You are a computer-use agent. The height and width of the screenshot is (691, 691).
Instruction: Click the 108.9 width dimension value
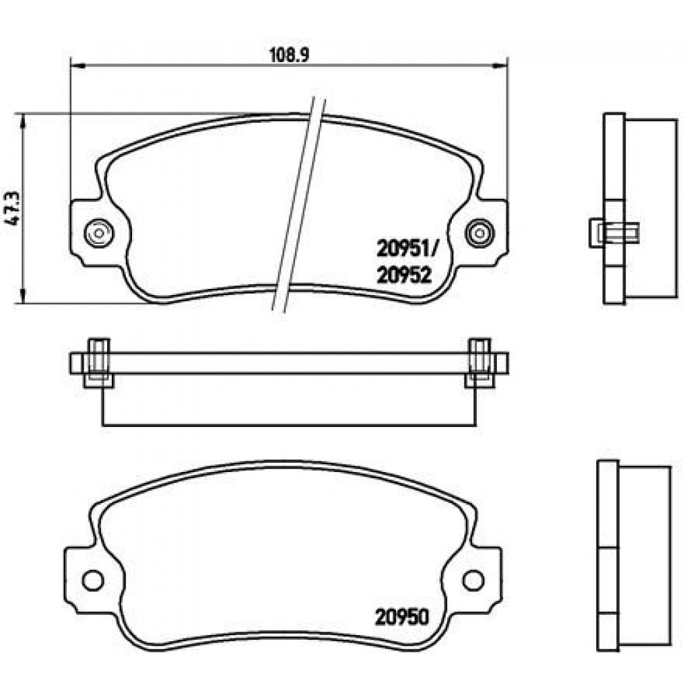click(x=290, y=55)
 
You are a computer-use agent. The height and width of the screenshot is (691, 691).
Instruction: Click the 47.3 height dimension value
click(x=15, y=208)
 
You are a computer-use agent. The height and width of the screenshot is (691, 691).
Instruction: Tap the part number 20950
click(x=401, y=617)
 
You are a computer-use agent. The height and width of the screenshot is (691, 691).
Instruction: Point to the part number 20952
click(x=404, y=276)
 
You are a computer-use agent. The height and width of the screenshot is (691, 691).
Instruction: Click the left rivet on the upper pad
click(x=99, y=232)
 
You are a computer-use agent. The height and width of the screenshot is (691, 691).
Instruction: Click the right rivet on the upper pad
click(x=480, y=232)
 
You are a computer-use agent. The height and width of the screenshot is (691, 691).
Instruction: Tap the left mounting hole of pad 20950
click(x=93, y=580)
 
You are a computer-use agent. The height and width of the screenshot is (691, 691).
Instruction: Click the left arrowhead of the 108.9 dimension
click(x=77, y=66)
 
